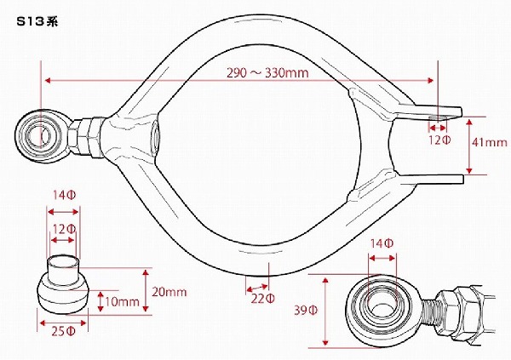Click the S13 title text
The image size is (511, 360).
coord(37,21)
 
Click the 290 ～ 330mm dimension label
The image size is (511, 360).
coord(267,72)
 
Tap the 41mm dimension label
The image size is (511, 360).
coord(490,142)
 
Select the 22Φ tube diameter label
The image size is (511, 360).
coord(262,299)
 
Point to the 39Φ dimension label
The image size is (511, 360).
coord(306,310)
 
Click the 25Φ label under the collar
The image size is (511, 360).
coord(63,331)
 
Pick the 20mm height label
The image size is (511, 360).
coord(169,292)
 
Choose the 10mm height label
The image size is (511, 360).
coord(122,301)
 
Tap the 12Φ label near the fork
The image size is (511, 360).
coord(439,140)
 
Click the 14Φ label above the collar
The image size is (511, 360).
coord(65,195)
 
